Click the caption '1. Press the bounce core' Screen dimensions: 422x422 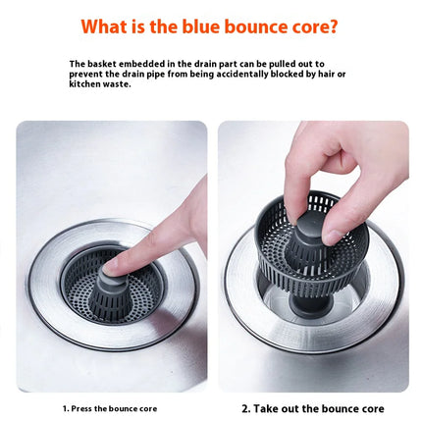coord(110,408)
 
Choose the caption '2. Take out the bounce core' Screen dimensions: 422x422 coord(312,408)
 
